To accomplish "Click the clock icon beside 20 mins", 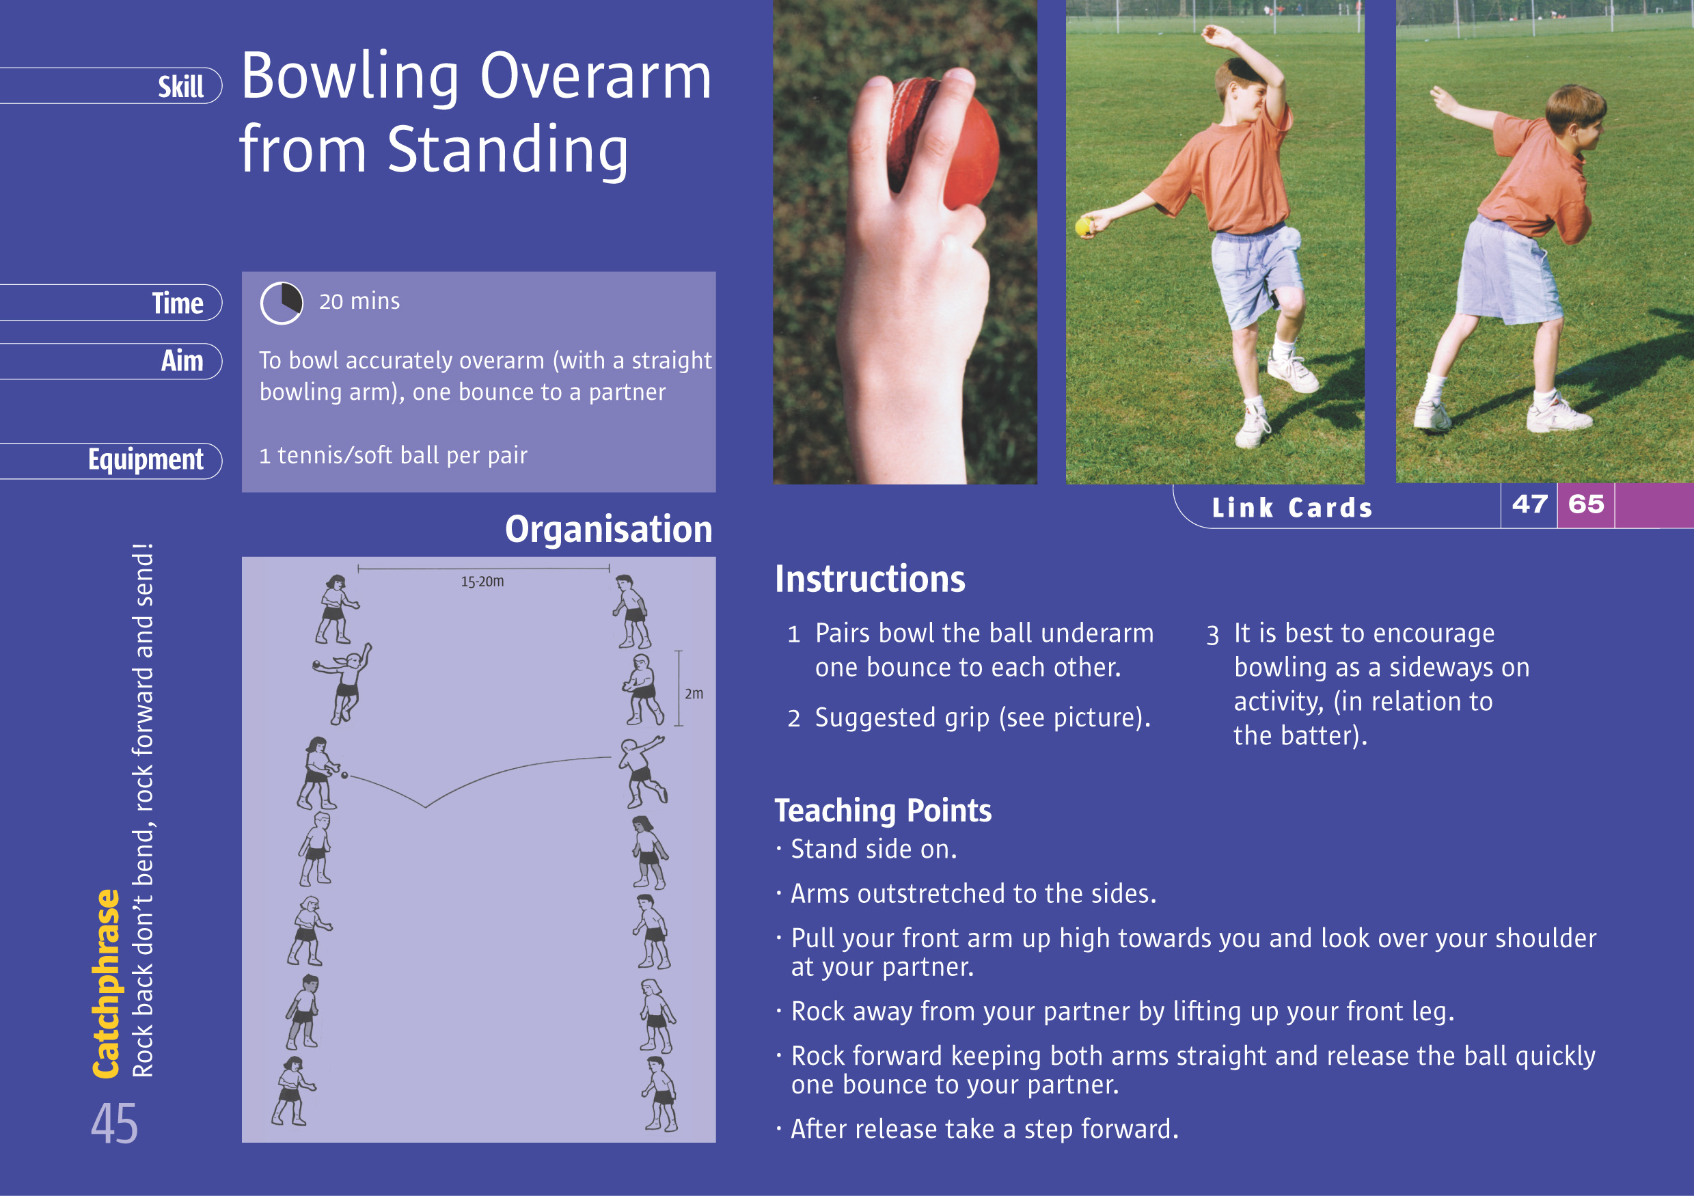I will pos(281,303).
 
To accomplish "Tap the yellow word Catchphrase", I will pos(106,983).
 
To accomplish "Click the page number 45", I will pos(114,1124).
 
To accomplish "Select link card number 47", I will pos(1529,504).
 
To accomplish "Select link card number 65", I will pos(1585,504).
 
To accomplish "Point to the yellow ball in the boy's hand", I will pos(1084,226).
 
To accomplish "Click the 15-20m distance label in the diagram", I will pos(482,582).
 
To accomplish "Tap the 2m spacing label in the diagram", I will pos(694,694).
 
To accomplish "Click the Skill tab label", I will pos(181,87).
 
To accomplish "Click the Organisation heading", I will pos(608,530).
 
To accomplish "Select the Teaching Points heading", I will pos(882,810).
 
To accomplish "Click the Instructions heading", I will pos(869,579).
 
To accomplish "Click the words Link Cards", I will pos(1291,508).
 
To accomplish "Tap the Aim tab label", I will pos(182,362).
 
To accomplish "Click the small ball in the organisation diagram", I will pos(344,776).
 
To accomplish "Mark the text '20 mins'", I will pos(359,301).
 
